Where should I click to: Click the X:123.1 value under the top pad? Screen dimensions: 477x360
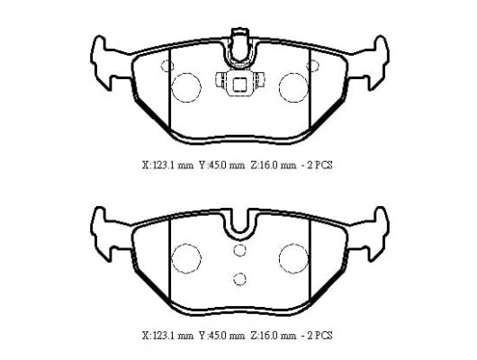167,165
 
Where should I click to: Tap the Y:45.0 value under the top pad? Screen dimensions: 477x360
221,165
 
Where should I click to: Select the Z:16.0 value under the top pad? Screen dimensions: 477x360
273,165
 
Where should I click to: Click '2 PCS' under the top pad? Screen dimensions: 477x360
319,165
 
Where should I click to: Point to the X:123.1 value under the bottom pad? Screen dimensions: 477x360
167,336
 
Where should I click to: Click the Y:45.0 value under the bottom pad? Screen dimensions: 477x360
221,336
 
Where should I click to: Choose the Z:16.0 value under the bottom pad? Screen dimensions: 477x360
273,336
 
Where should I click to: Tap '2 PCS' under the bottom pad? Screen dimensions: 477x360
319,336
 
